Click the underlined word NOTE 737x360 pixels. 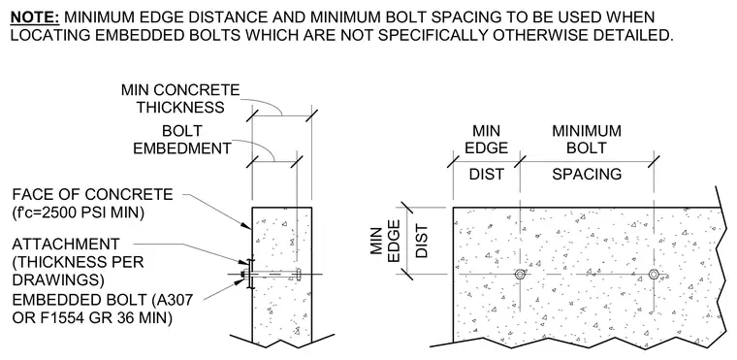[35, 17]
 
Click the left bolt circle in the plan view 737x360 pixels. [520, 275]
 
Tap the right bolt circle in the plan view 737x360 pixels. [654, 275]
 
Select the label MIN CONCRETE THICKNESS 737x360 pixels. [180, 98]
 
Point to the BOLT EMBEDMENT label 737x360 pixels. [182, 140]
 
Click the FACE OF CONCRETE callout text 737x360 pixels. [92, 194]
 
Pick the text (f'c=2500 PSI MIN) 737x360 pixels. [78, 213]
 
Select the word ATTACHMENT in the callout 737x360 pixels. [66, 245]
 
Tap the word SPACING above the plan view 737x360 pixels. [587, 174]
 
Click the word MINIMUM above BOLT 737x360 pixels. [587, 131]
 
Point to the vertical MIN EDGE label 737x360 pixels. [386, 244]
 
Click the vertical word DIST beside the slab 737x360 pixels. [422, 241]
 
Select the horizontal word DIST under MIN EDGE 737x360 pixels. [487, 174]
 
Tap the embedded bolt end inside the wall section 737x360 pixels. [298, 275]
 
